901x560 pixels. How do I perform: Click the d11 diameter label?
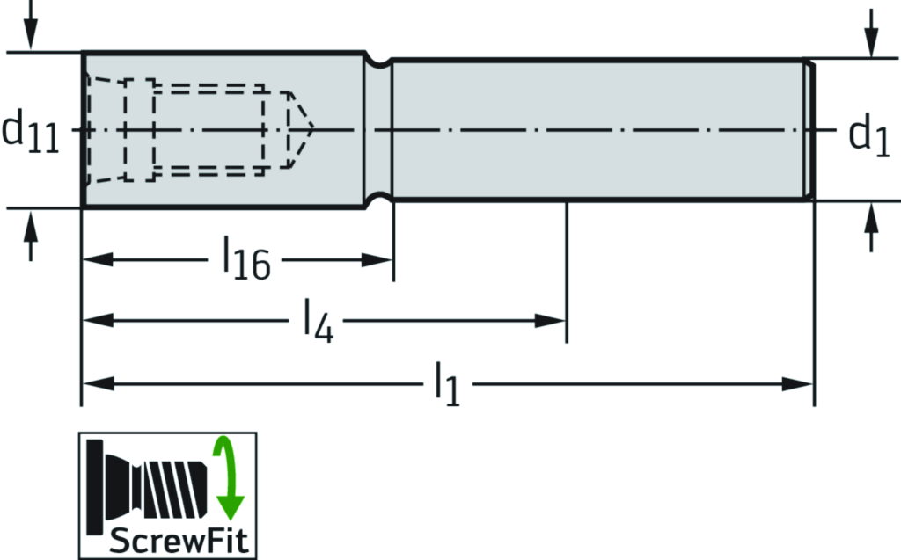(31, 132)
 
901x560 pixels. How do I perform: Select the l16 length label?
(247, 261)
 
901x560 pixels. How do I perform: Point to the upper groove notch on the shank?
(379, 62)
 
